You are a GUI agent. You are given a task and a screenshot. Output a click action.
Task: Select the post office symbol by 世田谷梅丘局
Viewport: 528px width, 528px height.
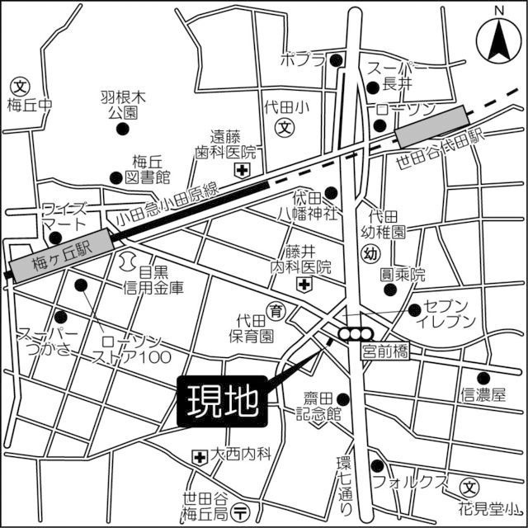[240, 510]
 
